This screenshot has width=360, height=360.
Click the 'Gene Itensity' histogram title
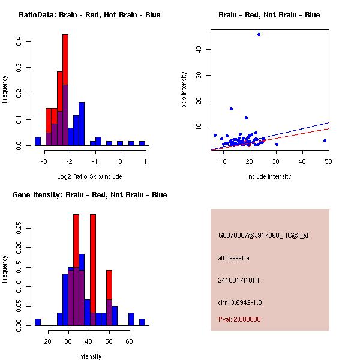point(89,194)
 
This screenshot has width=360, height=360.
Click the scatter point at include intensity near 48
point(325,140)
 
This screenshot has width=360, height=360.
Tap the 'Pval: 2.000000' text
point(239,319)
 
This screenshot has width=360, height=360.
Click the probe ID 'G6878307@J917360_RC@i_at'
point(263,236)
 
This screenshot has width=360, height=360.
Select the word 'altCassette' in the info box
point(233,258)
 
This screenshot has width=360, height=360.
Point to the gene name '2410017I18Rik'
point(239,280)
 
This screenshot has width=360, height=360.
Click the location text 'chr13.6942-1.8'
point(240,302)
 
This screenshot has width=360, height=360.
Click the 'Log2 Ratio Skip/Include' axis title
point(89,176)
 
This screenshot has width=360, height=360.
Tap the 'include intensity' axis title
point(269,176)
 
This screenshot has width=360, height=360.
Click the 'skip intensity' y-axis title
point(184,90)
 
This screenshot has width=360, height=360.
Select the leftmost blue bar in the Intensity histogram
point(37,322)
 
